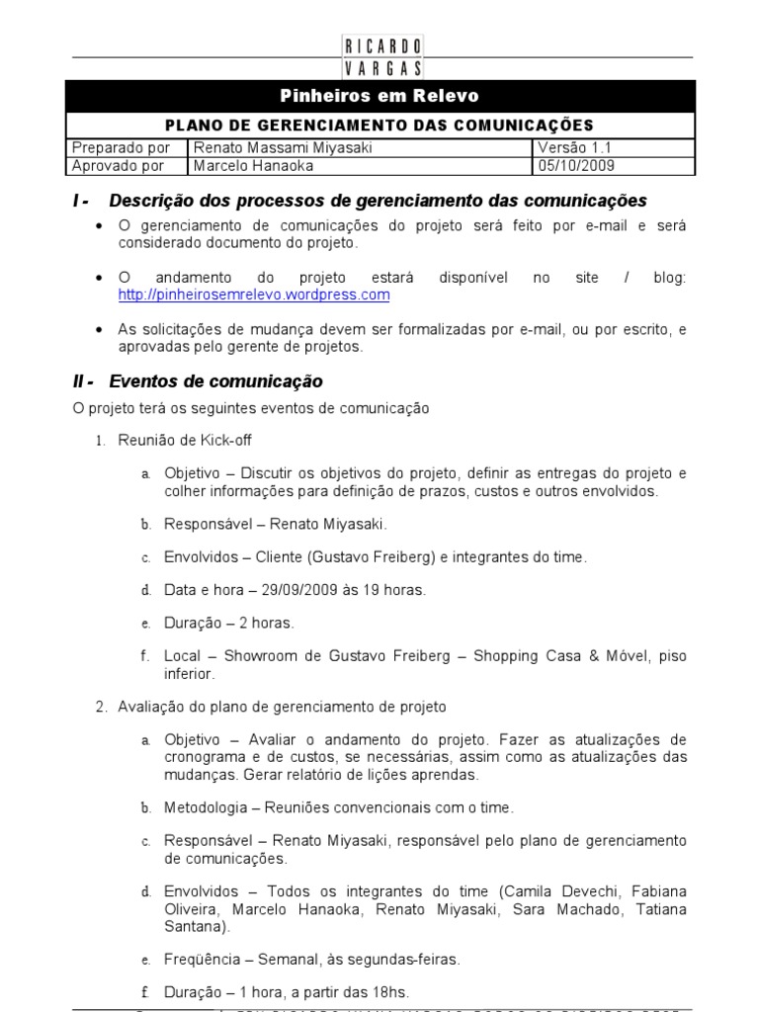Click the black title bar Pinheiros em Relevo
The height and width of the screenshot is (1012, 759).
pos(380,96)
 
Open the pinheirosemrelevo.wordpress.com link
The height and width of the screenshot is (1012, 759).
pos(254,295)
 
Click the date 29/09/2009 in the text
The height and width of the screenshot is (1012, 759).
pos(295,590)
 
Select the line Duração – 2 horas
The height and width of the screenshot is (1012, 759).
pos(229,624)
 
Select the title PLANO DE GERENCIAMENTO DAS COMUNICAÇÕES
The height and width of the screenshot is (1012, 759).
pos(379,125)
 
